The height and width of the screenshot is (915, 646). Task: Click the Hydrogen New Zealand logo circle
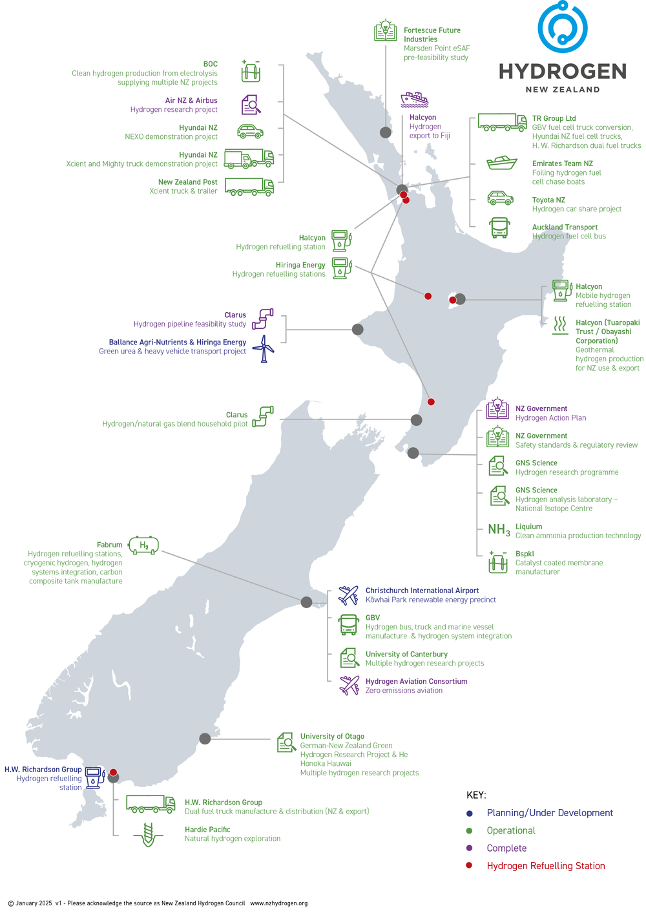[x=562, y=27]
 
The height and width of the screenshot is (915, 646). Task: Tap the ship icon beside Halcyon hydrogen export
[x=414, y=100]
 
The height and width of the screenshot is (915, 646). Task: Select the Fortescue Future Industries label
[x=432, y=35]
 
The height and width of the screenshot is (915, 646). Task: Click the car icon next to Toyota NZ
[x=500, y=198]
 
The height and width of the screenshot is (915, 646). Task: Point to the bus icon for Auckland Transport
[x=499, y=227]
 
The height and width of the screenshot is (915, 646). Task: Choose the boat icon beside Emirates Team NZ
[x=501, y=162]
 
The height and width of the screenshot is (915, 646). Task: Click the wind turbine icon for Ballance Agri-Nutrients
[x=263, y=348]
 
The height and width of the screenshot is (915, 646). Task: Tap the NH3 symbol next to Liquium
[x=499, y=531]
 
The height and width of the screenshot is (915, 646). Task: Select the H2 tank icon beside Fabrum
[x=143, y=546]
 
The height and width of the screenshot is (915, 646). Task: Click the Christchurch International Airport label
[x=422, y=591]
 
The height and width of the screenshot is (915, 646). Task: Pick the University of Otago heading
[x=332, y=737]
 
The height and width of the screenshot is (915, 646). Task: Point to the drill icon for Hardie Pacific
[x=148, y=834]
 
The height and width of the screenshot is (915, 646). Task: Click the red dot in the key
[x=469, y=865]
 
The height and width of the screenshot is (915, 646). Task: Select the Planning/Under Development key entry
[x=549, y=813]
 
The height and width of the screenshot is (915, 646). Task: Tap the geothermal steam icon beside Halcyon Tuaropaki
[x=560, y=324]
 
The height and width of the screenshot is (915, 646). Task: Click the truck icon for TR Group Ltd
[x=502, y=122]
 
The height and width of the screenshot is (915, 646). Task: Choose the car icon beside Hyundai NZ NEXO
[x=250, y=132]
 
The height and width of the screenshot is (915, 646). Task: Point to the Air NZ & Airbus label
[x=191, y=101]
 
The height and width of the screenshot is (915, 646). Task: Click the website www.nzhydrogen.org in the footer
[x=278, y=903]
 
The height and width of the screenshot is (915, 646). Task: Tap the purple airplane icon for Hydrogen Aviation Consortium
[x=349, y=685]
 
